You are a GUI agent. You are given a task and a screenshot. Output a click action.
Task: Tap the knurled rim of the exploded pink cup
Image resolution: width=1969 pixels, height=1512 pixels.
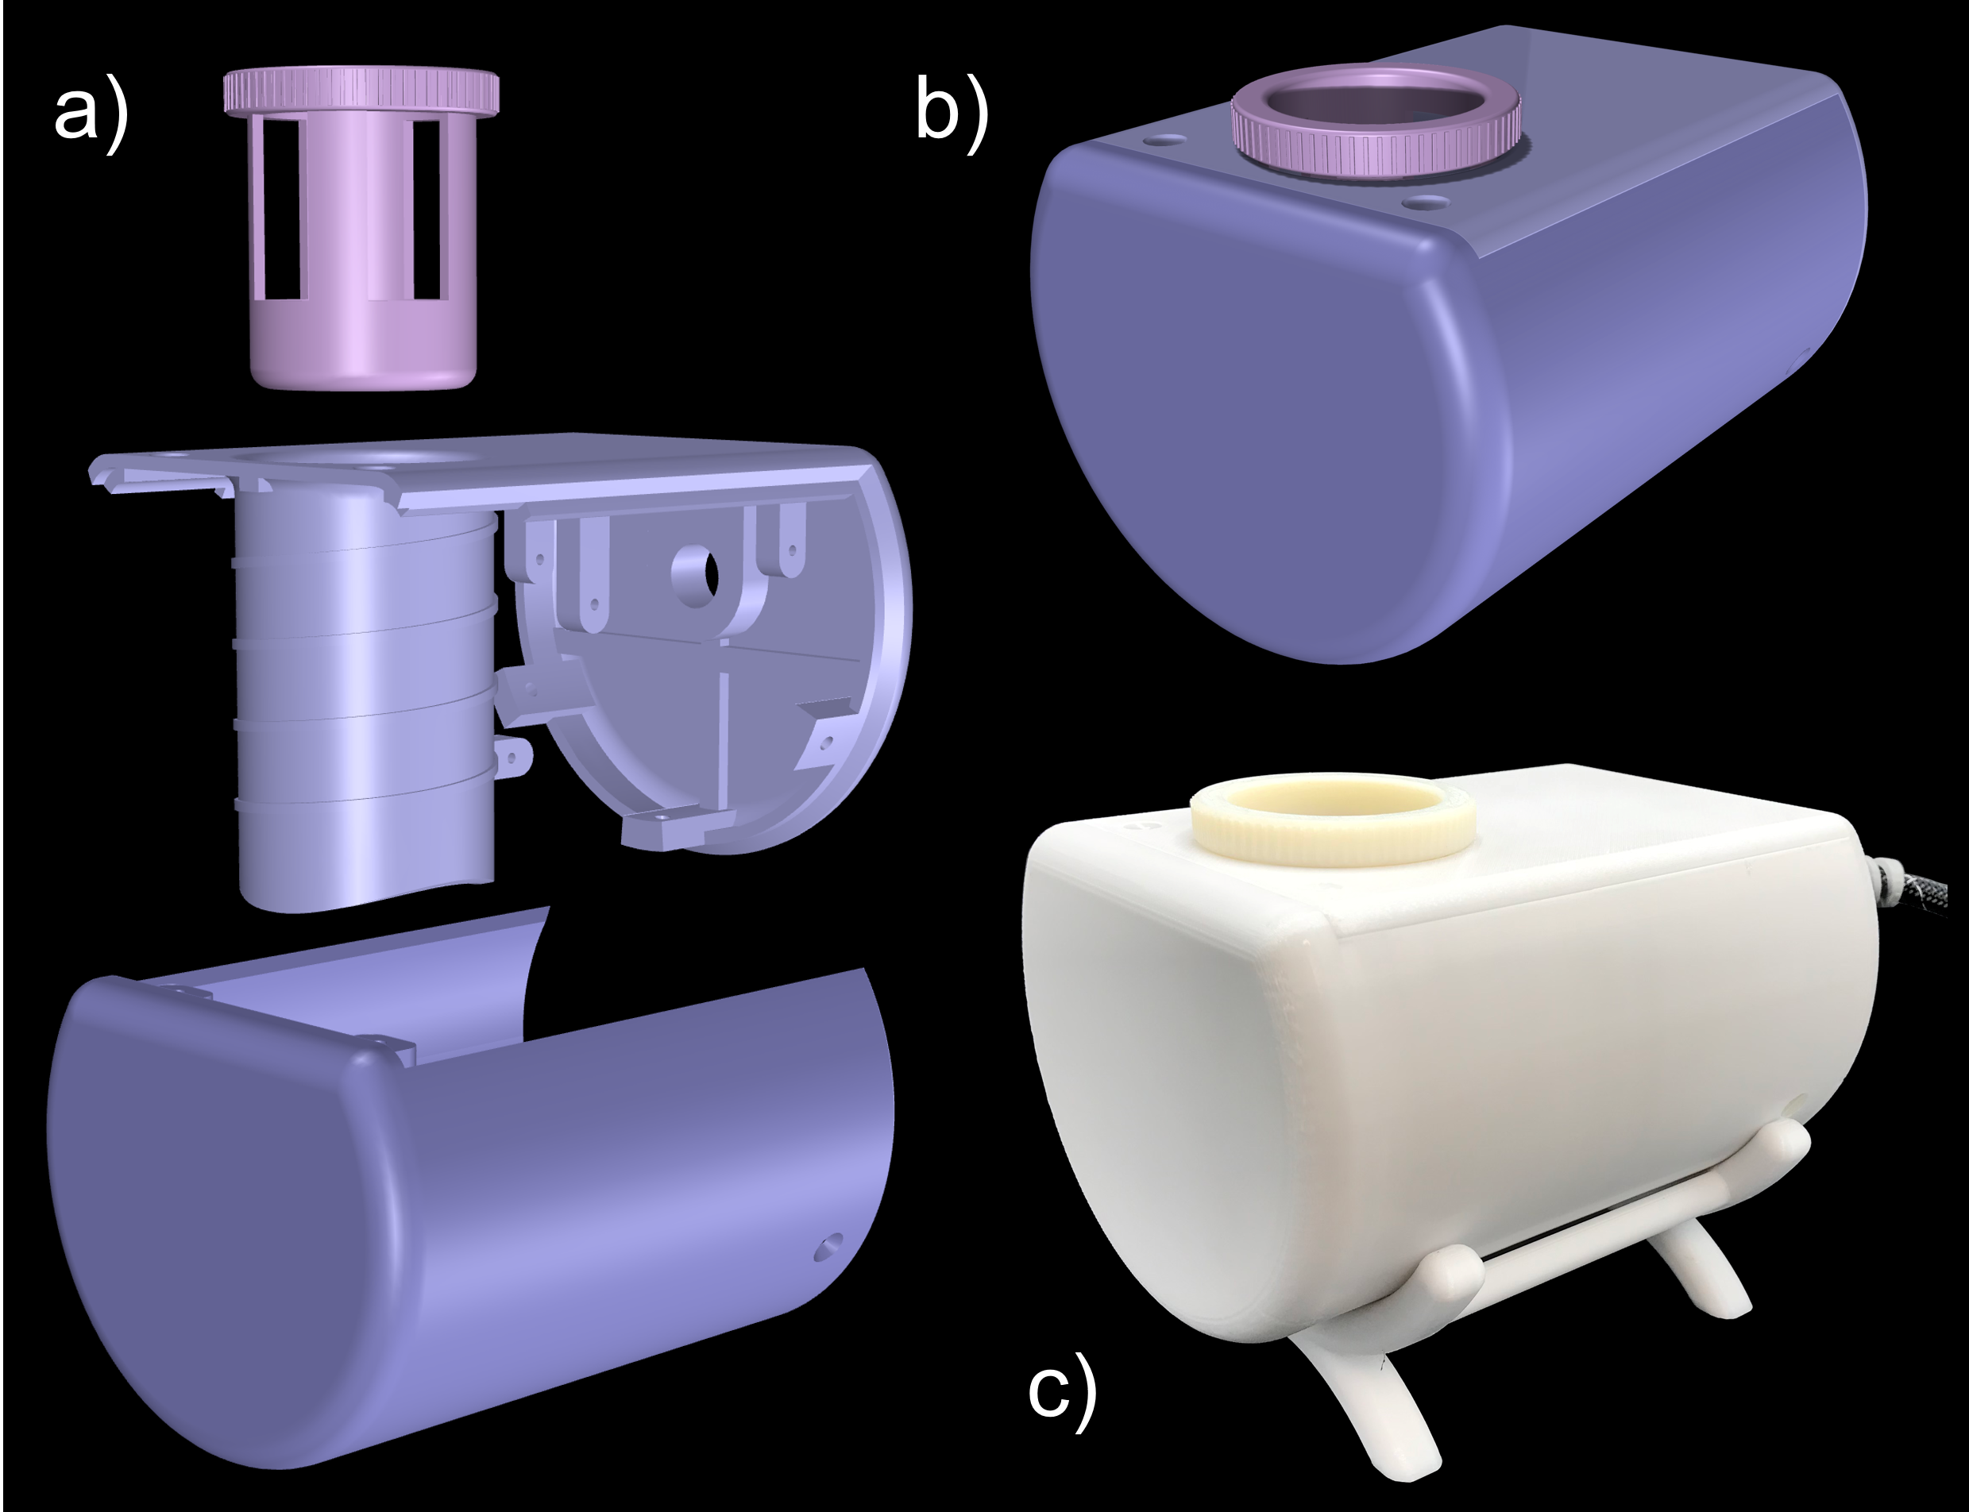point(361,92)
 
